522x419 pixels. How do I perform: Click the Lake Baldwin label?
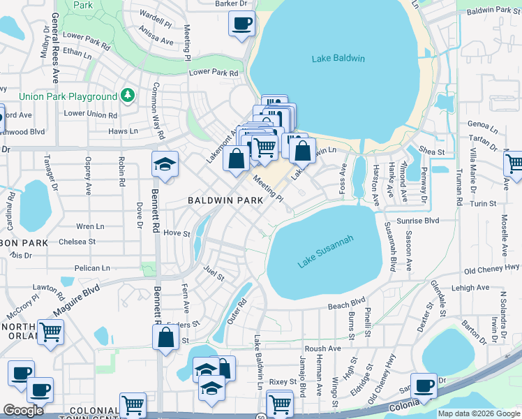339,58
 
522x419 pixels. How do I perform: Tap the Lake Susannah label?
326,251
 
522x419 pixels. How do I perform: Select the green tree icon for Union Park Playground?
127,95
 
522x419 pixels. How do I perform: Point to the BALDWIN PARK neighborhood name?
225,200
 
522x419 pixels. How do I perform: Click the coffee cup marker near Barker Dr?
241,24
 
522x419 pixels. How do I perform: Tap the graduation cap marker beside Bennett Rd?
165,165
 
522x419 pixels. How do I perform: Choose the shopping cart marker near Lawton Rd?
50,332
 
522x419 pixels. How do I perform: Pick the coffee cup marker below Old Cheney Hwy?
423,385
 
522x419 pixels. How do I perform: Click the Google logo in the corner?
23,411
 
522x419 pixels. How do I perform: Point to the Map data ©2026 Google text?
479,413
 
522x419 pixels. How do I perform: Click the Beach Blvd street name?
348,304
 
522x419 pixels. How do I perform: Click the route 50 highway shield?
260,416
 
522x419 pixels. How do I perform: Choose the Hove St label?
177,234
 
